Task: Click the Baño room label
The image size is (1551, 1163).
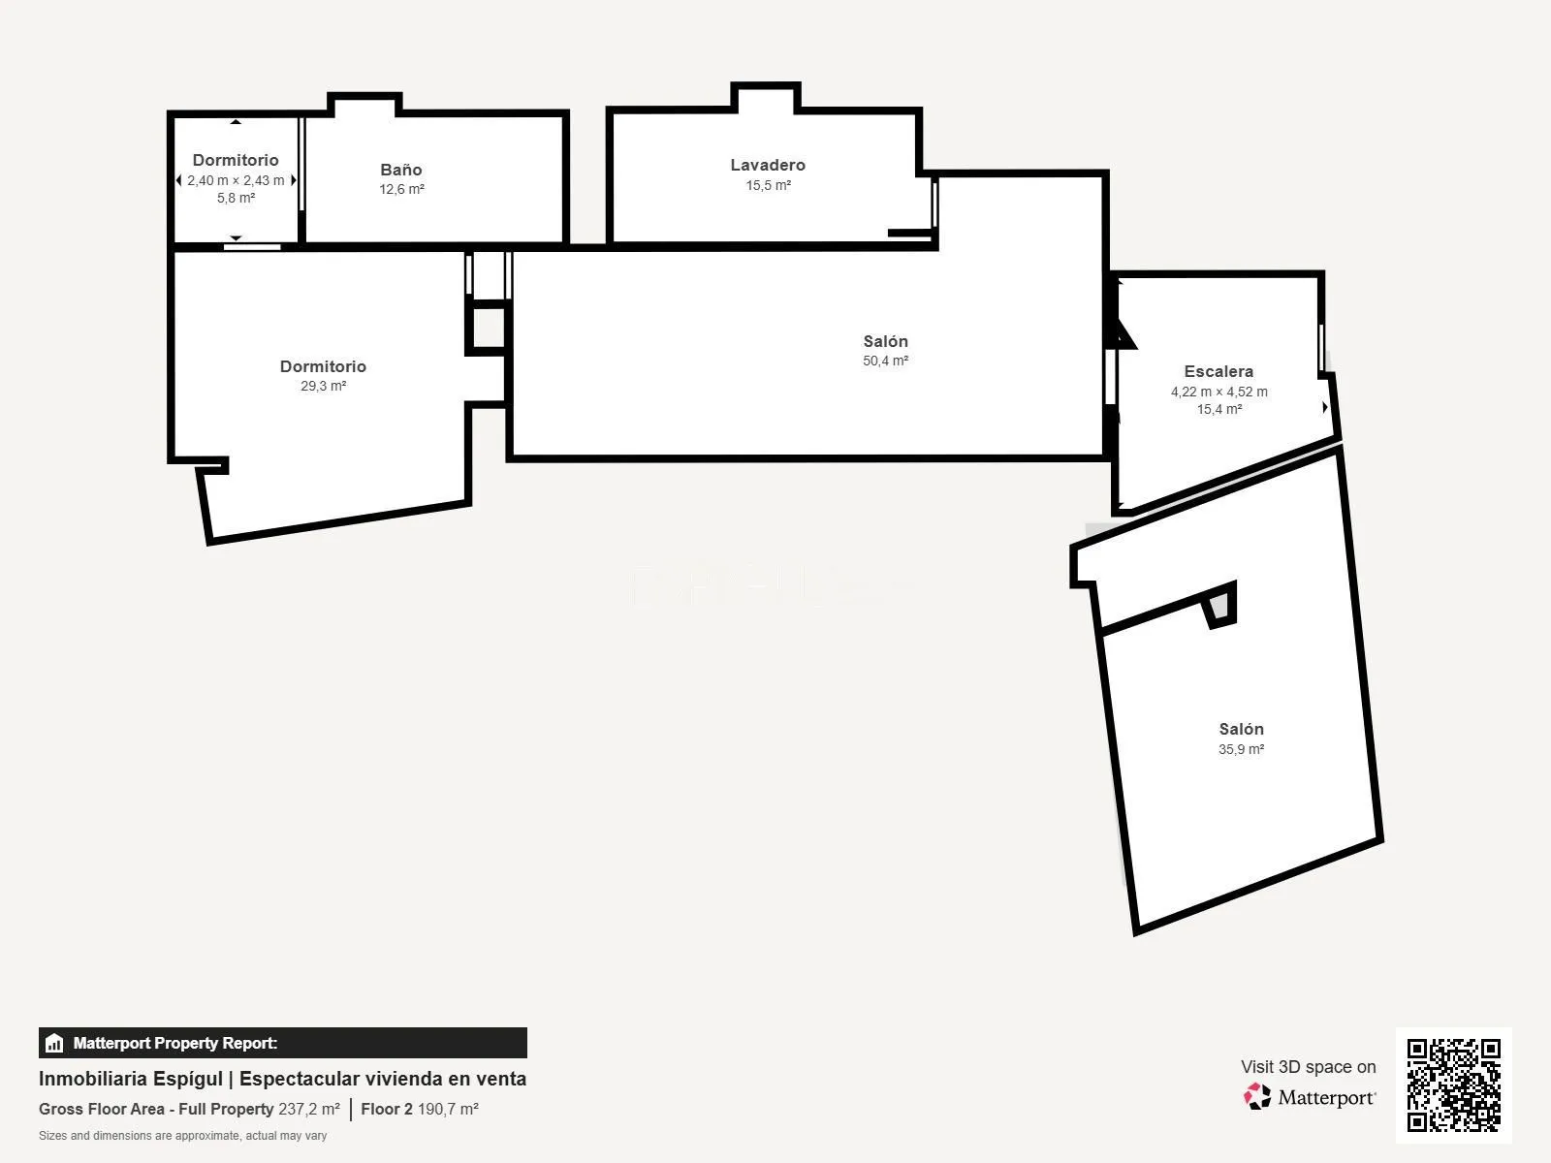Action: (x=400, y=170)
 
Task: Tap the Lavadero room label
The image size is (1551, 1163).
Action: (x=768, y=165)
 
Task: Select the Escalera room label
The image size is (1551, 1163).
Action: (x=1219, y=371)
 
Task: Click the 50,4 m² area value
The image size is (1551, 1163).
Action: (x=885, y=361)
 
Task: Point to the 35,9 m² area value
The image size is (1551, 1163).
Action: (x=1241, y=749)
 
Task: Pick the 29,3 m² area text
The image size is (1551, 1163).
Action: (x=323, y=387)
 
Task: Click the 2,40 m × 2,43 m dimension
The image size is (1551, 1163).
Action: (x=236, y=181)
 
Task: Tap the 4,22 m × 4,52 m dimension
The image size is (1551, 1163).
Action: (x=1219, y=392)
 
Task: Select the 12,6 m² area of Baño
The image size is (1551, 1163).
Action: (x=401, y=189)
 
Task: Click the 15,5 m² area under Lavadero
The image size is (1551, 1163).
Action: (x=768, y=185)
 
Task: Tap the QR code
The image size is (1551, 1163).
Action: (x=1453, y=1084)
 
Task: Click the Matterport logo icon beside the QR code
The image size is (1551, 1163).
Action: (x=1257, y=1097)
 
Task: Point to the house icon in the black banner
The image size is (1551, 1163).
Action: (x=54, y=1043)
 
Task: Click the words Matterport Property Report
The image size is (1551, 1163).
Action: (x=175, y=1043)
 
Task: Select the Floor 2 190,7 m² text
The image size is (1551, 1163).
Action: (x=420, y=1110)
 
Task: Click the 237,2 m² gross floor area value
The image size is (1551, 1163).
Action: (x=309, y=1110)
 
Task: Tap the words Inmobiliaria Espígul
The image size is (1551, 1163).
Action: (x=131, y=1079)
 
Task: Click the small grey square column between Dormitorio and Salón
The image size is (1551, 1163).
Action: (x=489, y=327)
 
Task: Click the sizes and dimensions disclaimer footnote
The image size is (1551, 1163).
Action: (x=182, y=1136)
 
